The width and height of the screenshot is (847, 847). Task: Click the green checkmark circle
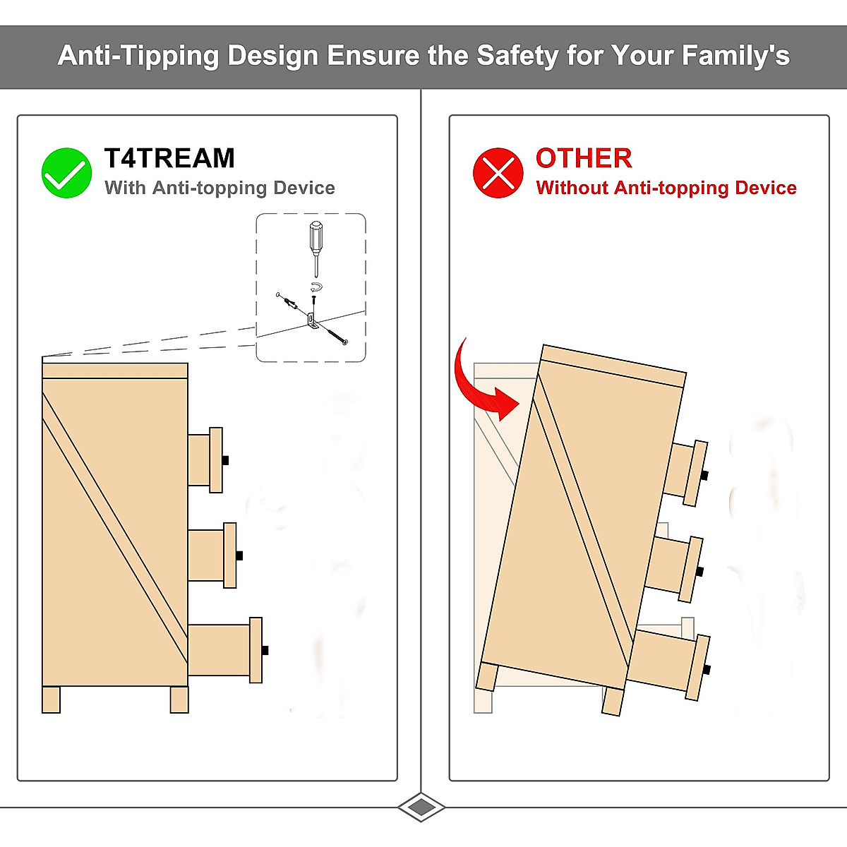tap(66, 172)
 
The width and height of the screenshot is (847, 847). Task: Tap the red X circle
tap(498, 172)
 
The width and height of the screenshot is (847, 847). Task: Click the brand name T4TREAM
tap(169, 158)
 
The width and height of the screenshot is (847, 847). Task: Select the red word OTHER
tap(584, 158)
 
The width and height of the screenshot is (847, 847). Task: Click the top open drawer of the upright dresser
tap(205, 459)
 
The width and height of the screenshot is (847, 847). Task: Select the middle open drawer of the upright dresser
tap(212, 555)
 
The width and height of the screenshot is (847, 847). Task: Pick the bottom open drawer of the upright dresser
tap(224, 649)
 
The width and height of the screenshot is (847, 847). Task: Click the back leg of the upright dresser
tap(51, 699)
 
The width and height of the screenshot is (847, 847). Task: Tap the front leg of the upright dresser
tap(179, 699)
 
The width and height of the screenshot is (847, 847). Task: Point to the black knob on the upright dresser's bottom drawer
tap(265, 650)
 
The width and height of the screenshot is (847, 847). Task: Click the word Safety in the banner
tap(517, 55)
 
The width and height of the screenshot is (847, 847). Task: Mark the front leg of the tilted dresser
tap(613, 702)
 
